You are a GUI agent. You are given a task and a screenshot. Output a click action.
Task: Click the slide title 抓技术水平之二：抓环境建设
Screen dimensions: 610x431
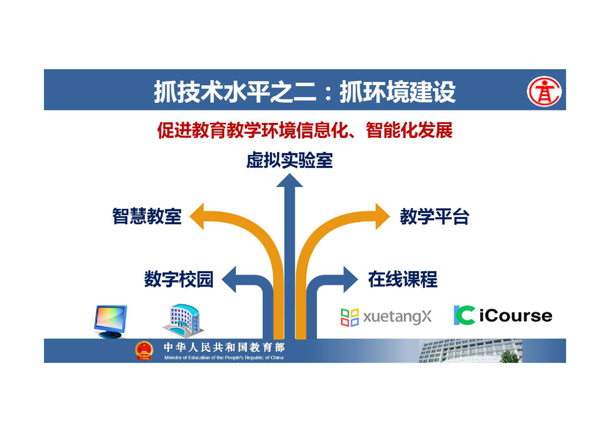tap(304, 92)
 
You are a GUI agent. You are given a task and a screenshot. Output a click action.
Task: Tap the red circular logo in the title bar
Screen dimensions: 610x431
tap(544, 92)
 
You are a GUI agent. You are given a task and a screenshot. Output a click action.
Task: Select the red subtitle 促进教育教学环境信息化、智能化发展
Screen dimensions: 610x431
tap(304, 130)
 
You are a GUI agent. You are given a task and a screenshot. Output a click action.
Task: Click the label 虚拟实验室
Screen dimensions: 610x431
tap(289, 160)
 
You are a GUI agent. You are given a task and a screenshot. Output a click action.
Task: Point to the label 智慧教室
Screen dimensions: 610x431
tap(147, 216)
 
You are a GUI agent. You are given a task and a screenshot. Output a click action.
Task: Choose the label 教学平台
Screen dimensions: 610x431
tap(434, 216)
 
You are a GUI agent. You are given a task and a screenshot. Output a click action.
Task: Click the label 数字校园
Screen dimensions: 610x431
tap(179, 279)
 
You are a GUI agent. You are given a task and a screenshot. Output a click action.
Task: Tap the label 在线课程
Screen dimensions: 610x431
tap(403, 279)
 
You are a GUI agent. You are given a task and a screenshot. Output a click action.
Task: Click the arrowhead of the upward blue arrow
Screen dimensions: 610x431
tap(289, 180)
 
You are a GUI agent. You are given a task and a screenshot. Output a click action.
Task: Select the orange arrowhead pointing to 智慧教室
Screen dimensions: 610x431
tap(197, 216)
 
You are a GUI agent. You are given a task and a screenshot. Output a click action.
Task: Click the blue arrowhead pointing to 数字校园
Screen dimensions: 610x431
tap(229, 279)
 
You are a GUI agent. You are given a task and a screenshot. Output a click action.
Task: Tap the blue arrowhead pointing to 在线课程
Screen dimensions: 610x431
tap(351, 279)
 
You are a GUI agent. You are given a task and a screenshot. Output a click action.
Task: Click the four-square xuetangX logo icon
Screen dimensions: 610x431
tap(350, 317)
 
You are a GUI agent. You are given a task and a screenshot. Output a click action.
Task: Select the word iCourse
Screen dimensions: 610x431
tap(516, 315)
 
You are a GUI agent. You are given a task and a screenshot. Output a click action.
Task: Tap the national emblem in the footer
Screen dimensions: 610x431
tap(144, 350)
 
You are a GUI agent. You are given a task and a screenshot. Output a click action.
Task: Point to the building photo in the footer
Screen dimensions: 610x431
tap(470, 351)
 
